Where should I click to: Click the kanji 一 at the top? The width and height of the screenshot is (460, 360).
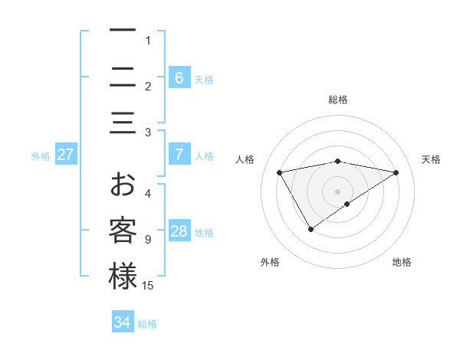point(123,31)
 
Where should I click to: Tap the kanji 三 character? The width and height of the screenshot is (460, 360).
point(123,123)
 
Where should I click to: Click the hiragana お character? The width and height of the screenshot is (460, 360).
point(123,185)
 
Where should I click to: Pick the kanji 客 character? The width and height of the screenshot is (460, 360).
point(123,231)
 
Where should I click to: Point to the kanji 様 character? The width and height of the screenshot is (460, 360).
point(123,277)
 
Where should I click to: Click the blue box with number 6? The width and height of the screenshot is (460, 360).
point(179,77)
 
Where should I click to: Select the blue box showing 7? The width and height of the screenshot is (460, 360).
point(179,154)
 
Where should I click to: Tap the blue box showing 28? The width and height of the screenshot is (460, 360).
point(179,231)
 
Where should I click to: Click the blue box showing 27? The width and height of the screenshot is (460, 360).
point(66,155)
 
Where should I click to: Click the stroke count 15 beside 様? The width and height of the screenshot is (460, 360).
point(148,286)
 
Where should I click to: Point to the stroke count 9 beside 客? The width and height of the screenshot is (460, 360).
point(148,240)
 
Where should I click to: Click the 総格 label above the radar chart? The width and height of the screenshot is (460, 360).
point(337,100)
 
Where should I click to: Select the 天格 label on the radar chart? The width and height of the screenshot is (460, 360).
point(431,159)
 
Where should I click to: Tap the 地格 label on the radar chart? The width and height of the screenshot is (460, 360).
point(402,262)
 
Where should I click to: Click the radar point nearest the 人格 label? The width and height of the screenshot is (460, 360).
point(280,172)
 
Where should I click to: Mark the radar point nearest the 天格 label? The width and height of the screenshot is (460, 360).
point(396,172)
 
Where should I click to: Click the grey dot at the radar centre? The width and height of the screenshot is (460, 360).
point(337,191)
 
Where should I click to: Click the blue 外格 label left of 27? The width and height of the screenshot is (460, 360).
point(41,155)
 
